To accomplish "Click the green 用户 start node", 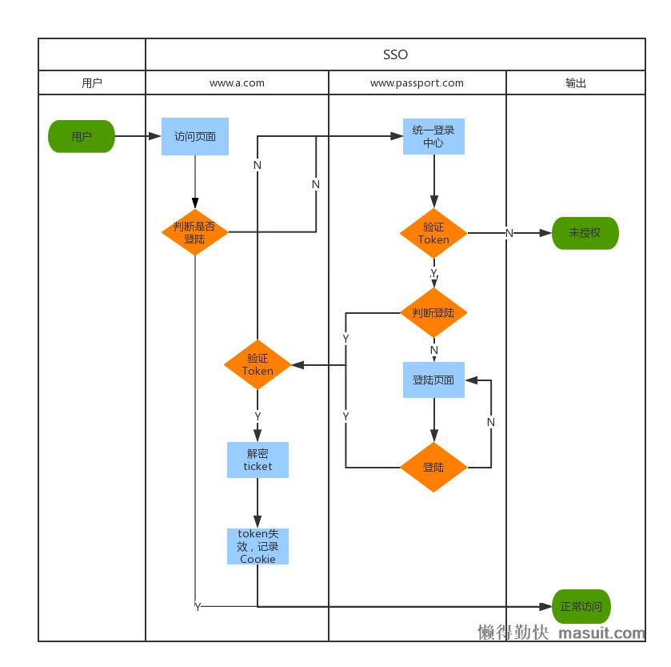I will [x=82, y=136].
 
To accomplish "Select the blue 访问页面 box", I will [x=194, y=136].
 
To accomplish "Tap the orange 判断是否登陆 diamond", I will [x=194, y=232].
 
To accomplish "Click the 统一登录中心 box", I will [x=433, y=136].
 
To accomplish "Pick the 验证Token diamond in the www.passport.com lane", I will [x=433, y=233].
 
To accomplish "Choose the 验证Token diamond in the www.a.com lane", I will [x=258, y=365].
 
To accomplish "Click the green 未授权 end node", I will [x=585, y=233].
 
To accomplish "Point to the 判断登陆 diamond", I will [x=433, y=312].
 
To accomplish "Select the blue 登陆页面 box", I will [x=433, y=380].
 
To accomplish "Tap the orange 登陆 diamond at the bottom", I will [x=433, y=467].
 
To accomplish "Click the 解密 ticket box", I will [x=258, y=460].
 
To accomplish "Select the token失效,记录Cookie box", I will [x=258, y=546].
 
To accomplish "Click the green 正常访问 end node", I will [x=581, y=606].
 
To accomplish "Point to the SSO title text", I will [x=395, y=54].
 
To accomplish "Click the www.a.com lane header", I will [x=237, y=82].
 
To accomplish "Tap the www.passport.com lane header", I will [x=417, y=82].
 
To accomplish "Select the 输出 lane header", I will [x=576, y=82].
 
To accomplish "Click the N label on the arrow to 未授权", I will [x=509, y=233].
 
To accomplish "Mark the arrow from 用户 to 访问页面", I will [x=138, y=136].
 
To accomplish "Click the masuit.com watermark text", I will [x=601, y=633].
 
